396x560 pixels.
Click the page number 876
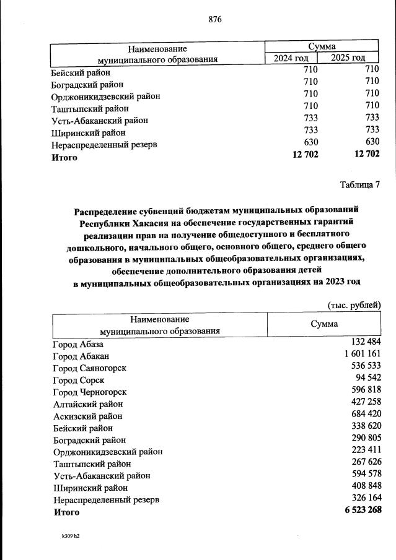(x=215, y=19)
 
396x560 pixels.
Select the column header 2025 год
(x=348, y=58)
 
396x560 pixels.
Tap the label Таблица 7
(x=360, y=184)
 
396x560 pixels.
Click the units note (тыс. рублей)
(x=353, y=304)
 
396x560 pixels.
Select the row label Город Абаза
(x=79, y=344)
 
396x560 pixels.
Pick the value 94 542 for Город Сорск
(x=364, y=379)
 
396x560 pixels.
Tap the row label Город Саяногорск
(x=90, y=368)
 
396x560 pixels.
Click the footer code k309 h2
(x=67, y=536)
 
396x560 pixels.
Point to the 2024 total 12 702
(x=304, y=155)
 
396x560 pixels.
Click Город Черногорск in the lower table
(x=90, y=392)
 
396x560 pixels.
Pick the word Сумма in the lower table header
(x=324, y=324)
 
